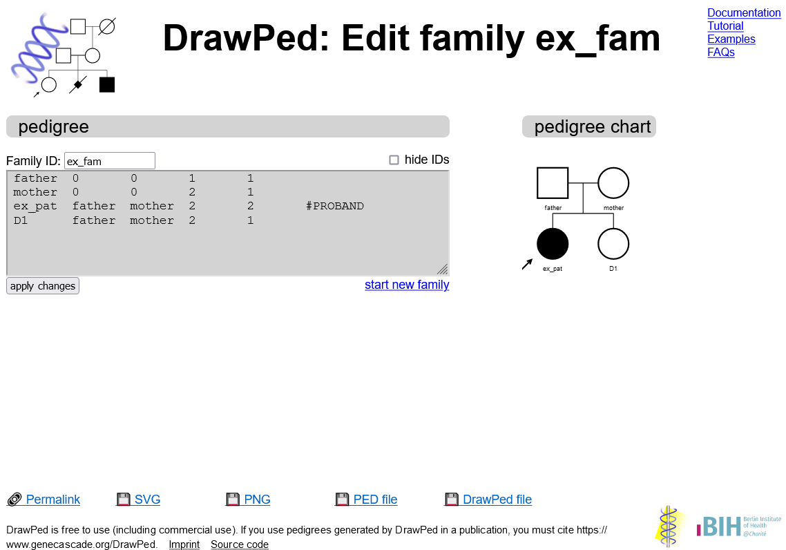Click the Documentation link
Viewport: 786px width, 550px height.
[x=744, y=13]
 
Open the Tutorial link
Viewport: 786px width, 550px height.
[x=725, y=26]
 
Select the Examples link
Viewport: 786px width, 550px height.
[x=731, y=39]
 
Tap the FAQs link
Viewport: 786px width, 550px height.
[x=721, y=52]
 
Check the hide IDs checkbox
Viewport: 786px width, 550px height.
[x=394, y=160]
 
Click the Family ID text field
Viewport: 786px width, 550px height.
[x=110, y=161]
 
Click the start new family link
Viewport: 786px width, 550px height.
[x=407, y=285]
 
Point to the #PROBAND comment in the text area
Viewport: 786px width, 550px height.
[x=335, y=206]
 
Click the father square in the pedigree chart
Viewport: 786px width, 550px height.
[x=553, y=183]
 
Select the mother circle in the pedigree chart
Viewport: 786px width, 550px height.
[x=613, y=183]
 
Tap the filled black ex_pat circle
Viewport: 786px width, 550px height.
[x=553, y=244]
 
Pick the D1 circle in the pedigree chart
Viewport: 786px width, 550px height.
[x=613, y=244]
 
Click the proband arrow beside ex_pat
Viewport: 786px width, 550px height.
[x=527, y=264]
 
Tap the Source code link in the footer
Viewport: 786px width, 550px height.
[x=240, y=544]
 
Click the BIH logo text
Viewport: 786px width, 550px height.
[x=719, y=527]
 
